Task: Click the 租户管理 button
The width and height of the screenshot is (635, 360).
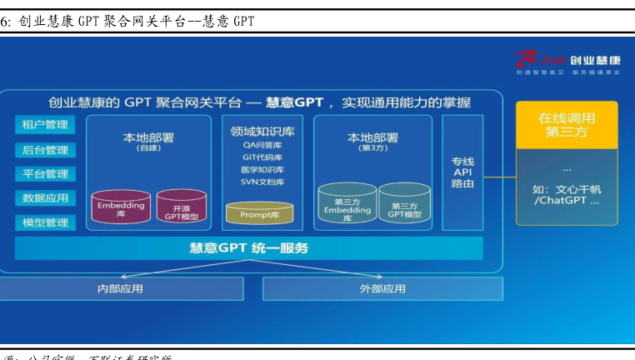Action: pyautogui.click(x=45, y=125)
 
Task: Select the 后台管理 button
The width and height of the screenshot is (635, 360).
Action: pyautogui.click(x=45, y=150)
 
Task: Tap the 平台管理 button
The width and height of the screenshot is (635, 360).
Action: pyautogui.click(x=45, y=174)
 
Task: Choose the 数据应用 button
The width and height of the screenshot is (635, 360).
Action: pyautogui.click(x=45, y=198)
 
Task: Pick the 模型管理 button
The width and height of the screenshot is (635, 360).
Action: pyautogui.click(x=45, y=222)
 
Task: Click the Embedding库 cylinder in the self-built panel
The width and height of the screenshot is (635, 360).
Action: pyautogui.click(x=121, y=206)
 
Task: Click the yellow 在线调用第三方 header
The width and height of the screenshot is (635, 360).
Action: pyautogui.click(x=566, y=125)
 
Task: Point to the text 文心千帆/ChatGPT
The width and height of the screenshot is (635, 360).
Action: pyautogui.click(x=567, y=195)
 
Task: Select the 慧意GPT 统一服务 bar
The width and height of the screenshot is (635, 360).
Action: pyautogui.click(x=249, y=248)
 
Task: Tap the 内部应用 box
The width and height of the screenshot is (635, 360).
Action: pyautogui.click(x=122, y=288)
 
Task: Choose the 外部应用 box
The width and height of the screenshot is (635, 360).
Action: pyautogui.click(x=382, y=288)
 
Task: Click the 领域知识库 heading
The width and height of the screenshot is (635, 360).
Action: pyautogui.click(x=262, y=131)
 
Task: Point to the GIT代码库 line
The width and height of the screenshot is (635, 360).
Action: pyautogui.click(x=262, y=157)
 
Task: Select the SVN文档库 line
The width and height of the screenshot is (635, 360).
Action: pyautogui.click(x=262, y=182)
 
